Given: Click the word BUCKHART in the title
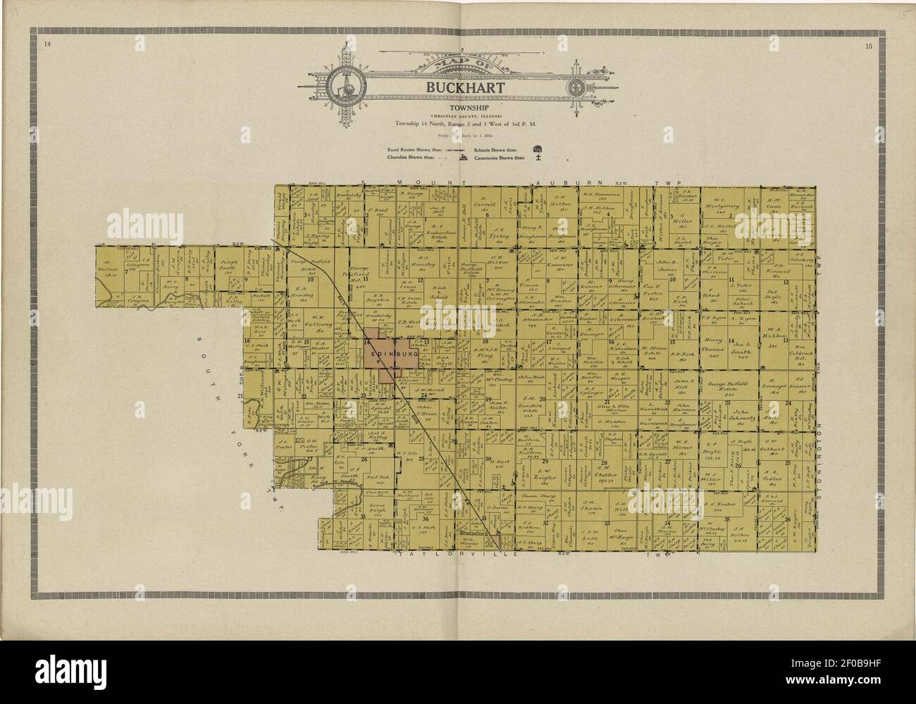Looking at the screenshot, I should tap(458, 87).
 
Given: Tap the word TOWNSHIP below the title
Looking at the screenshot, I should tap(458, 106).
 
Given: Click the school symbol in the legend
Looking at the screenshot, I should tap(538, 149).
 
